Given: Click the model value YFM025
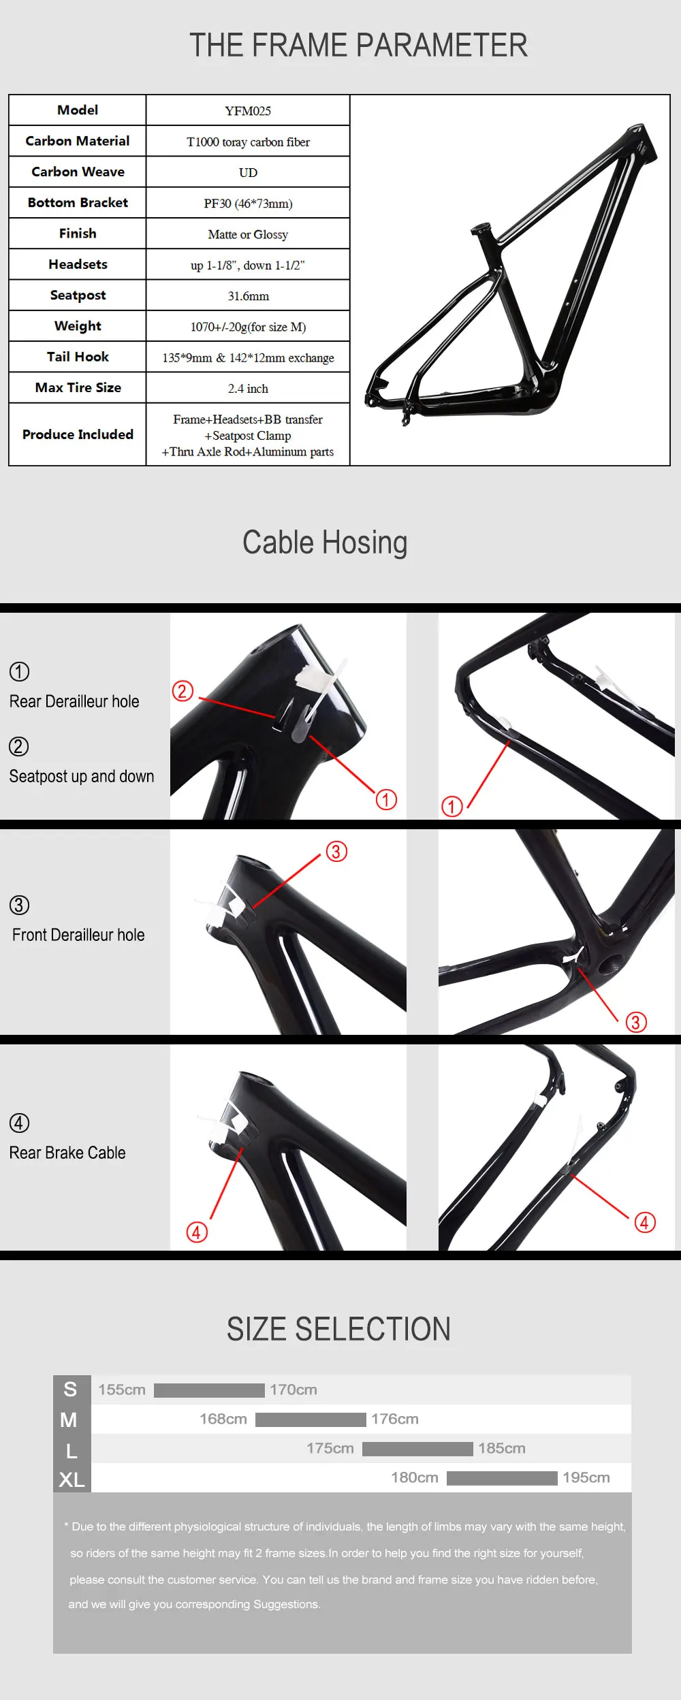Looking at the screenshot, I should click(x=248, y=111).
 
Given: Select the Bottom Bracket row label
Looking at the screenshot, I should click(x=78, y=203).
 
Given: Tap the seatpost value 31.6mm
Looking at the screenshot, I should click(x=248, y=296).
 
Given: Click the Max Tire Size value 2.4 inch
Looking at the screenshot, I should click(x=248, y=389).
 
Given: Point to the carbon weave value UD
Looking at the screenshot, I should click(x=248, y=173).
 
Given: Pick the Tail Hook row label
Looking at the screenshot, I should click(x=78, y=357).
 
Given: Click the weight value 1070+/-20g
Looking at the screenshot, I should click(x=248, y=327).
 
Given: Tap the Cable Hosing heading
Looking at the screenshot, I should click(x=325, y=543).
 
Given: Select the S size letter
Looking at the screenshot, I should click(x=70, y=1390).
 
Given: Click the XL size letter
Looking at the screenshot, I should click(x=72, y=1479).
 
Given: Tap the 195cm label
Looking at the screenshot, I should click(x=586, y=1478).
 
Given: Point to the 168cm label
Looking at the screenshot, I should click(x=223, y=1420).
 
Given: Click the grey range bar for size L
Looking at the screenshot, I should click(x=417, y=1449).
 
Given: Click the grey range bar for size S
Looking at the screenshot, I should click(x=209, y=1390).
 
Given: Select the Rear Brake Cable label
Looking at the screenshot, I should click(x=67, y=1153).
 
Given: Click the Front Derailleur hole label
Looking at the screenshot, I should click(x=78, y=935).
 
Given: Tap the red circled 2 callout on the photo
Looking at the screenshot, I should click(x=183, y=691).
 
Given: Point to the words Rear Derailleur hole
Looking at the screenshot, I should click(x=74, y=701).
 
